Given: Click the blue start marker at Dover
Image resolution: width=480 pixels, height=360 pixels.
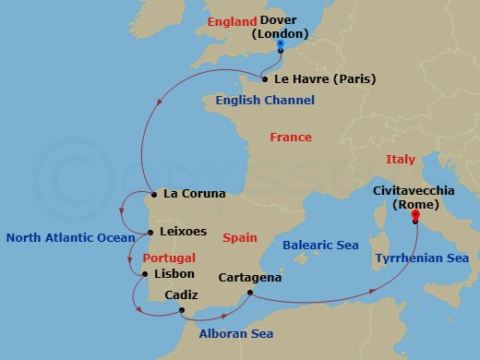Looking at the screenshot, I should (281, 45).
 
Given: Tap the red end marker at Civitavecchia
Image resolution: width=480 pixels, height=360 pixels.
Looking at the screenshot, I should (415, 218).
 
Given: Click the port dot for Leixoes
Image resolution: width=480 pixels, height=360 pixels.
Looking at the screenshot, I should (150, 233).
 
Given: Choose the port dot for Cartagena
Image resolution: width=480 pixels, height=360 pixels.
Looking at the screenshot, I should (250, 294).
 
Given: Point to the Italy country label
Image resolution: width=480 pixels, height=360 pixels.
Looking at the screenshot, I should (401, 160).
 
